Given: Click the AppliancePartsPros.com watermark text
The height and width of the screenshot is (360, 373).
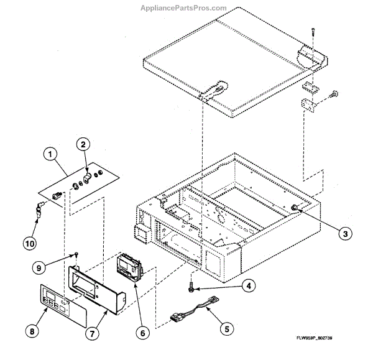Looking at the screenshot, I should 186,8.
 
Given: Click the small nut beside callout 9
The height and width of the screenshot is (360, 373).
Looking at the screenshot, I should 75,254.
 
